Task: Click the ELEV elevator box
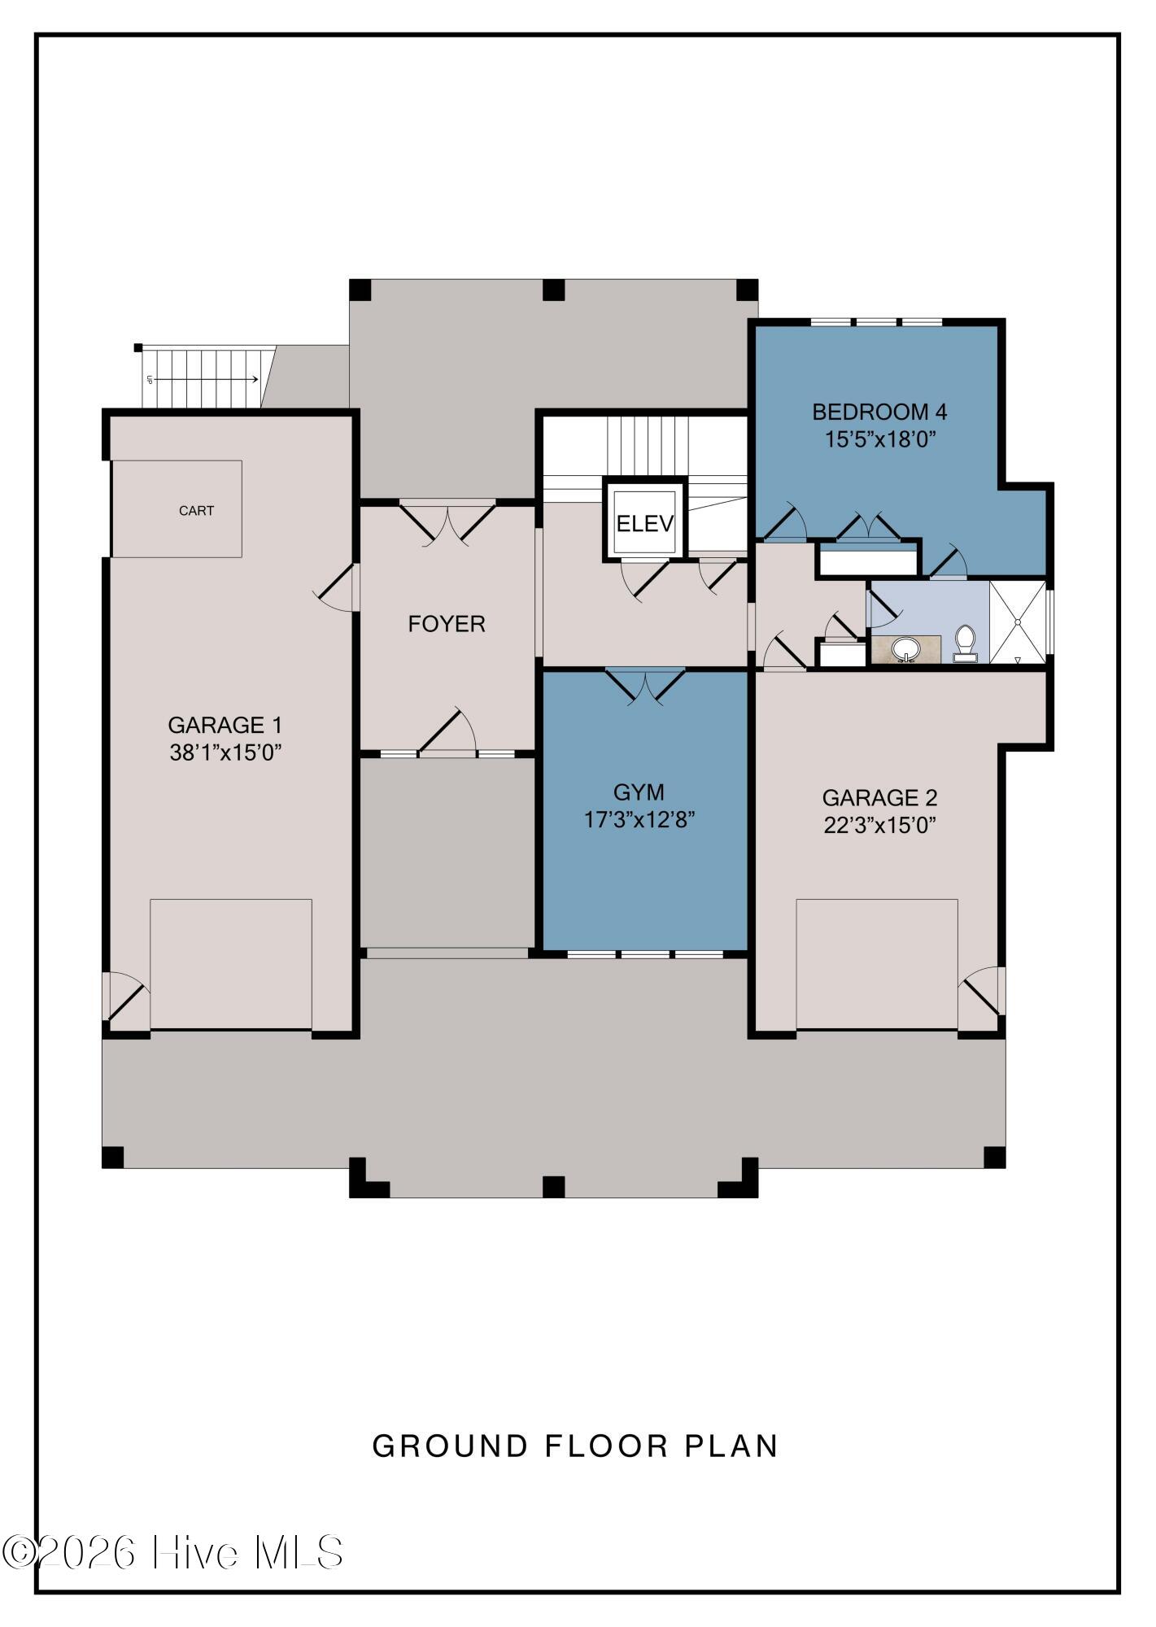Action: (645, 523)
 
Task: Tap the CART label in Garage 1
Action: (197, 511)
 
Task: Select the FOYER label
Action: (447, 624)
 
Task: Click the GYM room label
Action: (639, 792)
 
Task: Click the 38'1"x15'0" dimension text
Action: (225, 752)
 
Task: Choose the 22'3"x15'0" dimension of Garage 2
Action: (880, 826)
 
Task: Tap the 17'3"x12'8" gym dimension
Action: (639, 819)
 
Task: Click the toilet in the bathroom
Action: (965, 643)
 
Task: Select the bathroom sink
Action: (905, 649)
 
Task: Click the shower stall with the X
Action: (1017, 622)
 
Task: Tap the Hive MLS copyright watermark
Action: (172, 1552)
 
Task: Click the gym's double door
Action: (645, 684)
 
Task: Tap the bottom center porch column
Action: (553, 1187)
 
